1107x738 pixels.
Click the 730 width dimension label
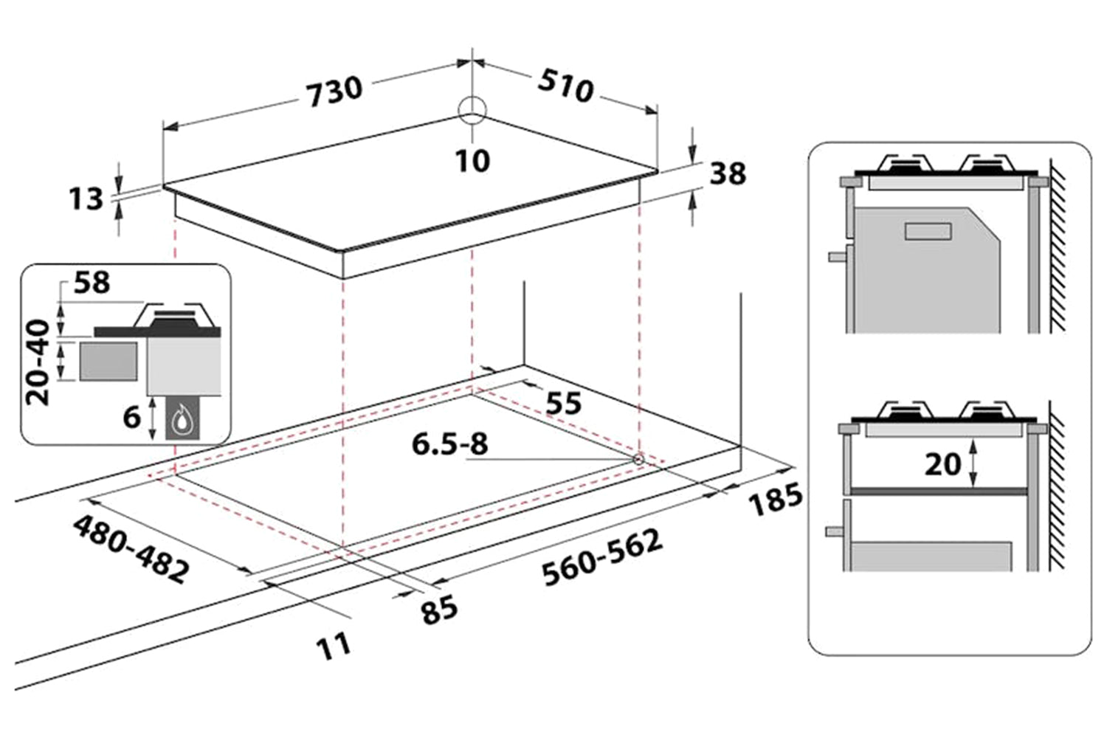335,91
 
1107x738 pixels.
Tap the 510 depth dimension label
566,85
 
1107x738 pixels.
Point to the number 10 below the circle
472,159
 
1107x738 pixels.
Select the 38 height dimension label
728,173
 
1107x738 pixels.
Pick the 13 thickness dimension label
86,199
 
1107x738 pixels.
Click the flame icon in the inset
180,422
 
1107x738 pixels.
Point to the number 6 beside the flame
132,417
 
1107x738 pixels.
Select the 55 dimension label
563,402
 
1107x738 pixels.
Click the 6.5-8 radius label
449,444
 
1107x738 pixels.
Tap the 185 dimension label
775,499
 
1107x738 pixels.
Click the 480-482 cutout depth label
130,548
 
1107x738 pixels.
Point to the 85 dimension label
439,610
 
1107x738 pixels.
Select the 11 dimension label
334,647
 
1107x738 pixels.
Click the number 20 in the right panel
942,463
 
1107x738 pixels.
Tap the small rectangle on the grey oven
928,231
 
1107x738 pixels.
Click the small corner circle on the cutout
638,459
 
